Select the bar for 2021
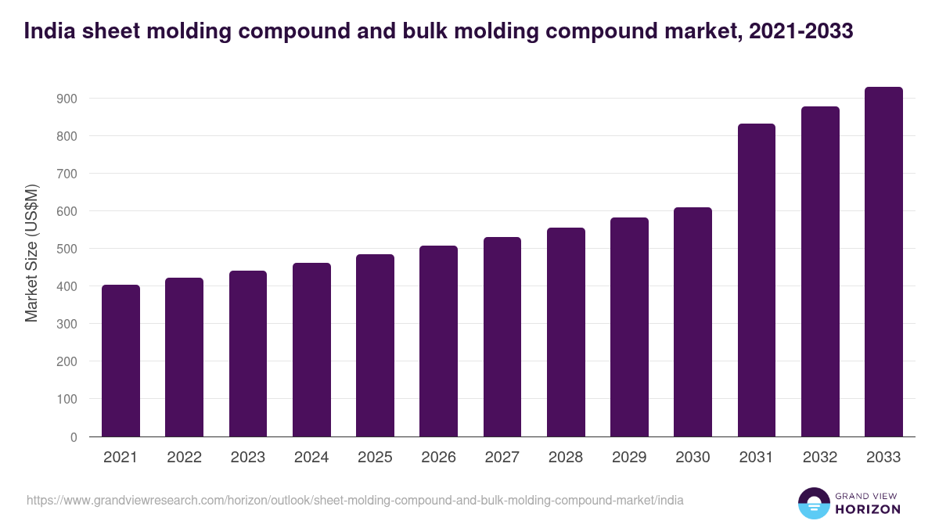pos(121,361)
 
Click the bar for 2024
pos(311,350)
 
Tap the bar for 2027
pos(502,336)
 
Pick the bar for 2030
pos(693,321)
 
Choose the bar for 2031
pos(757,280)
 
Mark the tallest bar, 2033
pos(883,261)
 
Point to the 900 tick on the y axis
pos(67,99)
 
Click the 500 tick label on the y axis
pos(67,249)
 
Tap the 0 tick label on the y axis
pos(73,437)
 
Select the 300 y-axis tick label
pos(67,324)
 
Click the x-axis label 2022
pos(184,458)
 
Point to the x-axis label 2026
pos(438,458)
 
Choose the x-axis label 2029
pos(629,458)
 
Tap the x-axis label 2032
pos(820,458)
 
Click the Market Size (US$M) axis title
pos(31,253)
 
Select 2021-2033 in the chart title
pos(800,31)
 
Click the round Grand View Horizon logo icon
pos(813,504)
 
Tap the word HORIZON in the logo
pos(867,509)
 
